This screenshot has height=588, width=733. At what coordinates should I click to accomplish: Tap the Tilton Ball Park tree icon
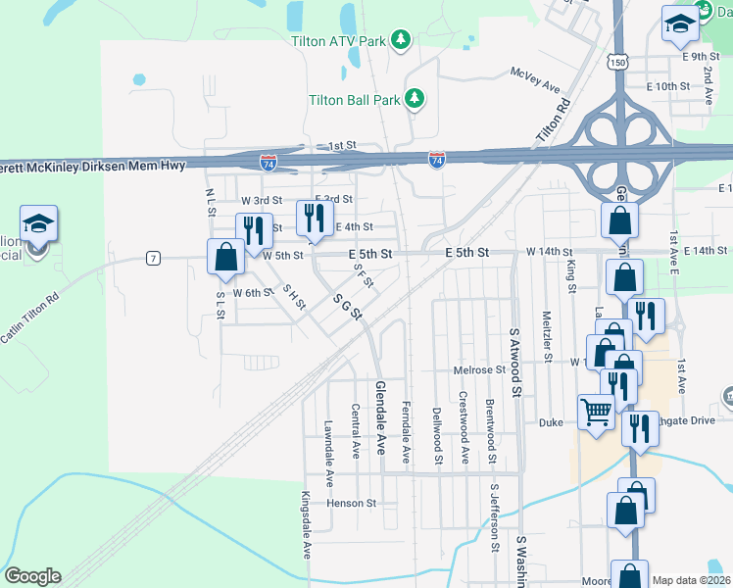click(x=415, y=98)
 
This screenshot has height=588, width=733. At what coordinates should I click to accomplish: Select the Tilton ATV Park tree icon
click(x=400, y=39)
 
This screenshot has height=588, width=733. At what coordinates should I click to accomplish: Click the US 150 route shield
click(x=616, y=62)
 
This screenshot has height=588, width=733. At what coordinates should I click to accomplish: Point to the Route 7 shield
click(x=153, y=258)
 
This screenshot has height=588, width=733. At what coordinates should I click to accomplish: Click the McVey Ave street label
click(x=533, y=73)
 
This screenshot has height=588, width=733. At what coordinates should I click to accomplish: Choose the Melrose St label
click(x=478, y=370)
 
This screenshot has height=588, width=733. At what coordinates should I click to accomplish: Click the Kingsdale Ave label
click(x=306, y=524)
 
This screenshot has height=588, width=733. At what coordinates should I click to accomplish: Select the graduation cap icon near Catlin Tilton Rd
click(x=38, y=223)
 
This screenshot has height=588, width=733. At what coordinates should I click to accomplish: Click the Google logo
click(x=31, y=576)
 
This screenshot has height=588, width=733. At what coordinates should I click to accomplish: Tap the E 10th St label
click(x=668, y=86)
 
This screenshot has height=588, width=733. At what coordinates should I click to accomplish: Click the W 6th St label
click(x=252, y=292)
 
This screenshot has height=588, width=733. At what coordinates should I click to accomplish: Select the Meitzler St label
click(x=547, y=334)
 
